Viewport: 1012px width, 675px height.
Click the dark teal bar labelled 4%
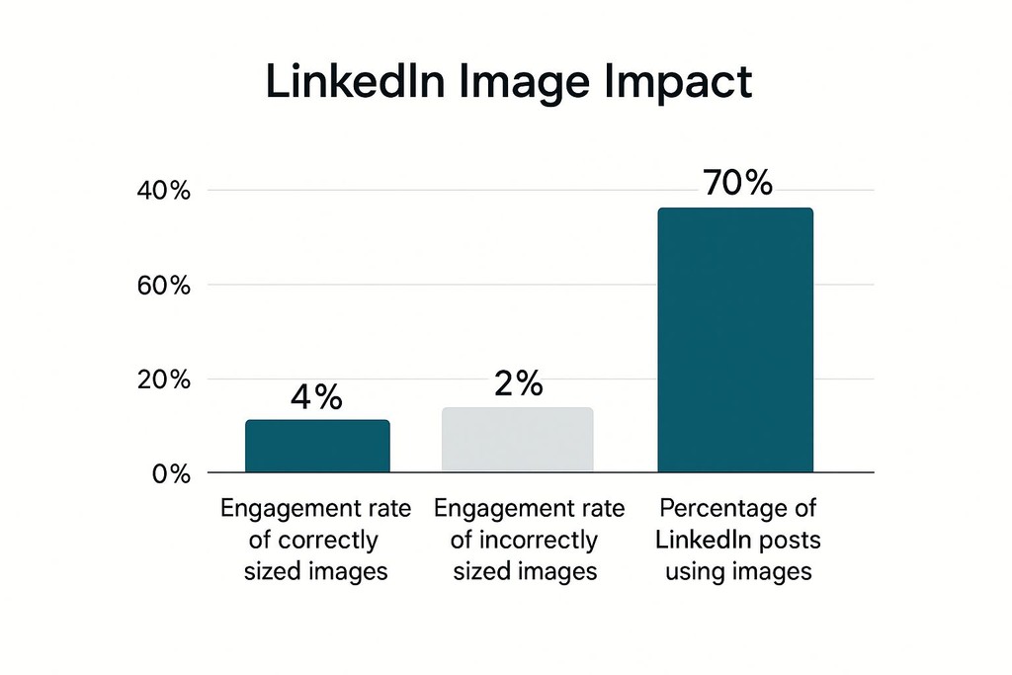click(x=317, y=446)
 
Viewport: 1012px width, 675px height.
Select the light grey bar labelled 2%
click(x=517, y=440)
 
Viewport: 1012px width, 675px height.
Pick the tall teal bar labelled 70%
click(x=735, y=340)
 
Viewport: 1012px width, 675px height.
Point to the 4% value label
click(x=316, y=397)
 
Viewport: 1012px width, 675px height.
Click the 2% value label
click(x=517, y=383)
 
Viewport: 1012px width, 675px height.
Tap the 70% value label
click(x=737, y=183)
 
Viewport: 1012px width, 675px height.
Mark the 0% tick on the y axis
click(x=170, y=474)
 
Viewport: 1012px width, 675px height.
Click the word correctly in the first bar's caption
click(x=329, y=541)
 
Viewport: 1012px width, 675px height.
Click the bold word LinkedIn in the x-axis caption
click(x=706, y=541)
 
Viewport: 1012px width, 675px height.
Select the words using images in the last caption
click(x=737, y=571)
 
